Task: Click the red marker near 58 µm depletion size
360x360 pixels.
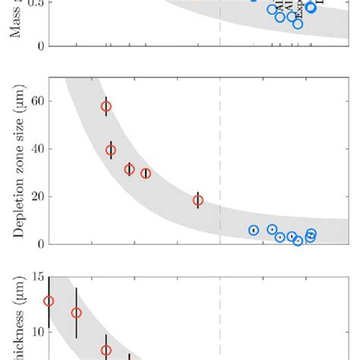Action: (x=106, y=106)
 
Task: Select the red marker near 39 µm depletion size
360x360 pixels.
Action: (x=111, y=150)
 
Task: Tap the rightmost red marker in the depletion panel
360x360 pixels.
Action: (x=198, y=201)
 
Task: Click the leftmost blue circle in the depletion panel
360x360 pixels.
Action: (x=254, y=230)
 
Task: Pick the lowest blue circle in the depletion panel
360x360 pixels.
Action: (x=298, y=241)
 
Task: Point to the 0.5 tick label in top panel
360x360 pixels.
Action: (x=34, y=4)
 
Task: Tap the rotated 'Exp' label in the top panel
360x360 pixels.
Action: (x=299, y=10)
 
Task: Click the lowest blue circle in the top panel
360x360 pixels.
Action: (x=298, y=24)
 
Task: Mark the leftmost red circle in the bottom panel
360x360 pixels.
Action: (x=49, y=301)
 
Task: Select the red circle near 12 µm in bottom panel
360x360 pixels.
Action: (x=76, y=312)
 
